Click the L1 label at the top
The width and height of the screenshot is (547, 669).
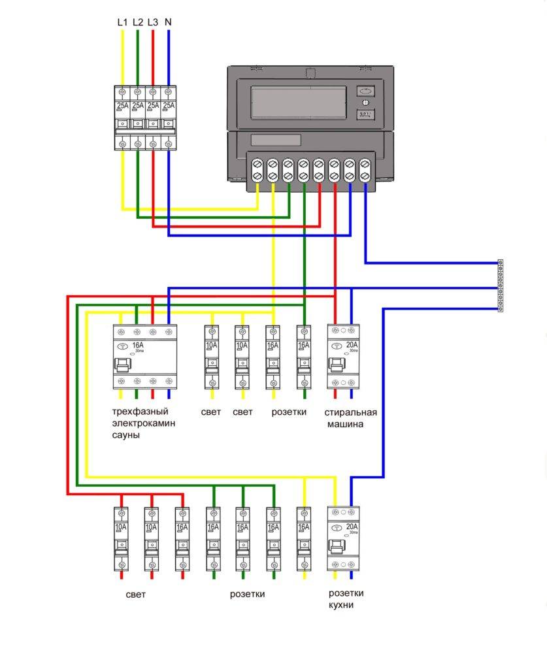tap(122, 22)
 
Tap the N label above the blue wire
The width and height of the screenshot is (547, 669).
tap(169, 22)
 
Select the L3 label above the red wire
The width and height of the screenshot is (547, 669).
tap(152, 22)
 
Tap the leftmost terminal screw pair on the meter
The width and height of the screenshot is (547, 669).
tap(257, 171)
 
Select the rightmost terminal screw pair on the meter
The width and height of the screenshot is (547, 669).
tap(365, 171)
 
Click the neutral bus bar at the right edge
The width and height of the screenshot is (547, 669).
tap(501, 286)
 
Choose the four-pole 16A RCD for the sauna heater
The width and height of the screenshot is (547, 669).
tap(144, 356)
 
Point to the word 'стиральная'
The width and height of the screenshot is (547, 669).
tap(350, 412)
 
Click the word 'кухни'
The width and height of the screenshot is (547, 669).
tap(342, 606)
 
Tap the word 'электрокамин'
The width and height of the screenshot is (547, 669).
tap(144, 423)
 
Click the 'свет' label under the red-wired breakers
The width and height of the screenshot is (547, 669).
tap(136, 595)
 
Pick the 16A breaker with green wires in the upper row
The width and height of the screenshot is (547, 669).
tap(303, 356)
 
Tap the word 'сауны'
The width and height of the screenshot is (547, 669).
tap(126, 435)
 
